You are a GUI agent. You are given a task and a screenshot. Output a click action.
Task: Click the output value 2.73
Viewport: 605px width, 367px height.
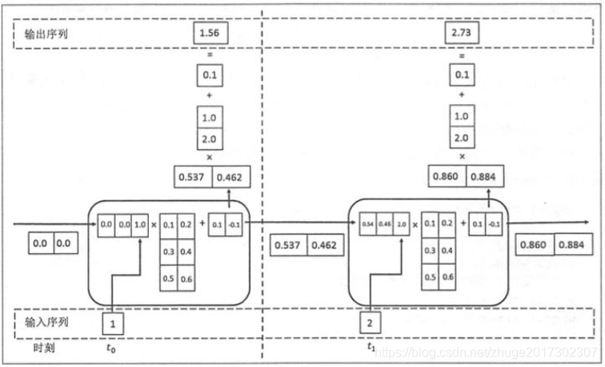[461, 34]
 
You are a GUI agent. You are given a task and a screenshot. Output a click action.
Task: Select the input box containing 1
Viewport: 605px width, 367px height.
[114, 324]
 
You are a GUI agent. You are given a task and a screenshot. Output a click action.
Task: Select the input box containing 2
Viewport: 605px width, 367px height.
[370, 324]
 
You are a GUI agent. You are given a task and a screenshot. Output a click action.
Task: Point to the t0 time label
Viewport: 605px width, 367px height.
[110, 349]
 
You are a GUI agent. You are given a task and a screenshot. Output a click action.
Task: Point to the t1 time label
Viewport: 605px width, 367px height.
[371, 349]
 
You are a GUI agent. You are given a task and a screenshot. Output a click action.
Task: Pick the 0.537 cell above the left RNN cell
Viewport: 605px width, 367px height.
[192, 177]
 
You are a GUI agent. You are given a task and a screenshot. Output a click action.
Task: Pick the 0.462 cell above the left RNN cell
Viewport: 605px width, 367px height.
[230, 177]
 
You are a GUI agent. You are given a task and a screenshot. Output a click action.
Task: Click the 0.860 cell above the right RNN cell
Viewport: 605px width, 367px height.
[449, 177]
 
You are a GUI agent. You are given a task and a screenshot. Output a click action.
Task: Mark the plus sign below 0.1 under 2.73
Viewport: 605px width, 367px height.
[461, 95]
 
